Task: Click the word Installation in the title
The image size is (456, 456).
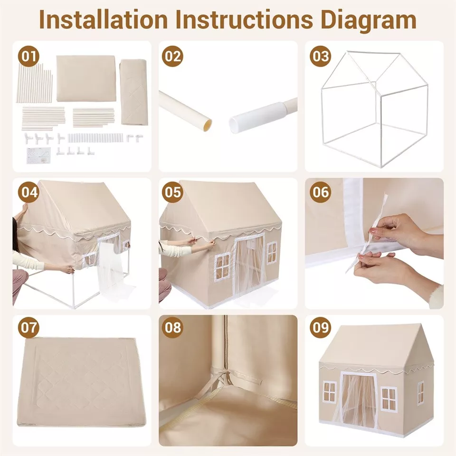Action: [x=104, y=19]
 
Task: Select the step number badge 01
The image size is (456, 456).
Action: [x=28, y=56]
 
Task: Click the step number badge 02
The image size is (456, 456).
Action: [x=172, y=56]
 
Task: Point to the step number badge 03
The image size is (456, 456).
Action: [x=320, y=56]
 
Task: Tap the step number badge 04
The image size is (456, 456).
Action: [x=28, y=192]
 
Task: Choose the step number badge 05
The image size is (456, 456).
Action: [x=172, y=192]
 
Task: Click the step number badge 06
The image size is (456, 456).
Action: [x=320, y=192]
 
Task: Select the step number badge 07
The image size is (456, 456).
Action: [x=28, y=327]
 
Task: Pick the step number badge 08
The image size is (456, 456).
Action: [x=172, y=327]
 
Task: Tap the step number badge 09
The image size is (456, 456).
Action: [x=320, y=327]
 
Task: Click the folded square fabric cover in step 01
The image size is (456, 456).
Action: [x=86, y=78]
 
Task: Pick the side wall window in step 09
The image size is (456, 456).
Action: [x=420, y=392]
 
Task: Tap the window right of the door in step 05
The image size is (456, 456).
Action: [x=271, y=253]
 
